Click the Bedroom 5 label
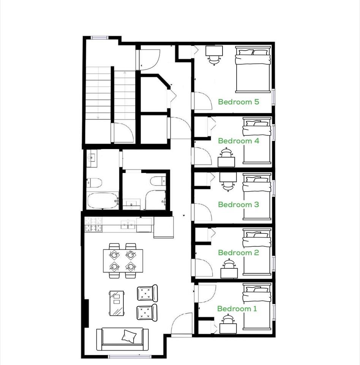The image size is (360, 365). tap(238, 102)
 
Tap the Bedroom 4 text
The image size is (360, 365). tap(238, 141)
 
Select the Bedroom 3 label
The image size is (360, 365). tap(238, 205)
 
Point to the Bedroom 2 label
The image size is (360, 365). tap(238, 253)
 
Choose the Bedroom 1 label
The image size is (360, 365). tap(237, 309)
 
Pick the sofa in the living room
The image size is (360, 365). tap(120, 339)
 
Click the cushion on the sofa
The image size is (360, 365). tap(129, 335)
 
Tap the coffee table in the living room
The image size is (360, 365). tap(116, 303)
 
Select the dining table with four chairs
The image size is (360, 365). tap(123, 261)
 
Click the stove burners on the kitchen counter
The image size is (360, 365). tap(93, 224)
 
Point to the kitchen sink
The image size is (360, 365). tap(128, 225)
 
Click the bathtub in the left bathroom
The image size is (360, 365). tap(102, 200)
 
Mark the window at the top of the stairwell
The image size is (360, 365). tap(99, 37)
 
